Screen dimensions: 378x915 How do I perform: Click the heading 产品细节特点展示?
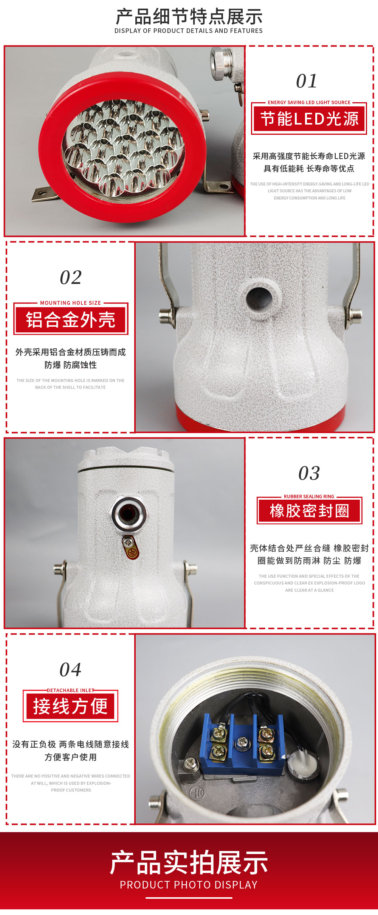(x=189, y=17)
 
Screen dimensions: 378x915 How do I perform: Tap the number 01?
(x=307, y=81)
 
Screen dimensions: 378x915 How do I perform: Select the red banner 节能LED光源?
(x=309, y=119)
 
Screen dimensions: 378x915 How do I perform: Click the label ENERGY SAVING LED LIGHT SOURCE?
(x=309, y=102)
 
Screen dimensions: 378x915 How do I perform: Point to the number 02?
(x=71, y=277)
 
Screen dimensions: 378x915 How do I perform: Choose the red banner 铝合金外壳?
(x=71, y=320)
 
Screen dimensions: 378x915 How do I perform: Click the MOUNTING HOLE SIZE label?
(x=71, y=303)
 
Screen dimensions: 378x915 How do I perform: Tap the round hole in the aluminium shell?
(x=259, y=298)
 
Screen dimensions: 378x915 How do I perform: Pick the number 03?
(x=309, y=473)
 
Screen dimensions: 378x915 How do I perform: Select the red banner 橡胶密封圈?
(x=310, y=511)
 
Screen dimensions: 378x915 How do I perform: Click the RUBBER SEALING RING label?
(x=309, y=496)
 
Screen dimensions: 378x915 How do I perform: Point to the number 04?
(x=70, y=670)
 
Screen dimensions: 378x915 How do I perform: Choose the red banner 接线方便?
(x=70, y=706)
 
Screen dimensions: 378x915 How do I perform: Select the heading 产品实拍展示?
(x=189, y=863)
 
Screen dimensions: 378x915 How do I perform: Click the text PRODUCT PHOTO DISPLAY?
(x=189, y=885)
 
